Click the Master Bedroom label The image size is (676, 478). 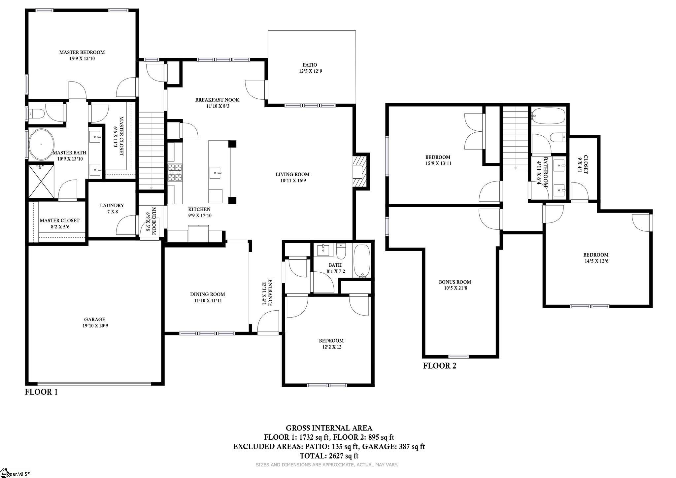click(x=82, y=52)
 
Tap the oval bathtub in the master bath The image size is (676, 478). click(x=42, y=145)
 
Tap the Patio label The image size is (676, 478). click(x=310, y=65)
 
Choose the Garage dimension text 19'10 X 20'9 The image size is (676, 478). click(x=95, y=326)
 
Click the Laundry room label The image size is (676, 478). click(x=112, y=205)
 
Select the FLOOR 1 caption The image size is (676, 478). click(x=41, y=392)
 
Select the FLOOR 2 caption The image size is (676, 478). click(x=440, y=366)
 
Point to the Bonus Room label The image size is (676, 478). click(x=455, y=282)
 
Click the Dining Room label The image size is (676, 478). click(x=208, y=294)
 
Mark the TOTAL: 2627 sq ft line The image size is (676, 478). click(x=329, y=456)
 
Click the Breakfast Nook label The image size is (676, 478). click(x=217, y=100)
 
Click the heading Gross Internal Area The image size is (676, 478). click(x=329, y=428)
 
